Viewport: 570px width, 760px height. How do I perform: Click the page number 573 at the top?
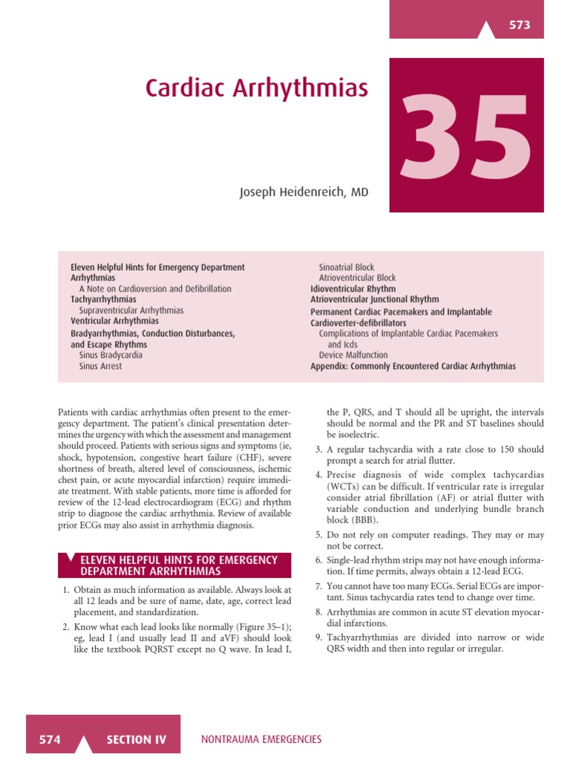520,25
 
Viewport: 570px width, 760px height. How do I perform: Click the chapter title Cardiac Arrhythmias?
257,88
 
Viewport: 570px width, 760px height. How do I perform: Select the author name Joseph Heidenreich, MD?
304,192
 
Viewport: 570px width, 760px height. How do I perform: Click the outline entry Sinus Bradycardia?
111,355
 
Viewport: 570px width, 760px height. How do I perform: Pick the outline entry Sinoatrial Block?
347,267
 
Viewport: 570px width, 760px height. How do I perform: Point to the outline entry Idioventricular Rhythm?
353,289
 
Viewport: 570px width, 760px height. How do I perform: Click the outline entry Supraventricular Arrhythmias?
131,310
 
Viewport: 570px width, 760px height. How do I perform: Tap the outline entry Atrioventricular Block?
358,278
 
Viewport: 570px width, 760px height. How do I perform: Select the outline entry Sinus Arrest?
101,366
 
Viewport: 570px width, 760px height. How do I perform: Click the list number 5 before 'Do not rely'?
318,535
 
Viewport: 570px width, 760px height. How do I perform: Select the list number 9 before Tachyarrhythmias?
318,638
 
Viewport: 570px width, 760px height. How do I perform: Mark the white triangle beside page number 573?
486,30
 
